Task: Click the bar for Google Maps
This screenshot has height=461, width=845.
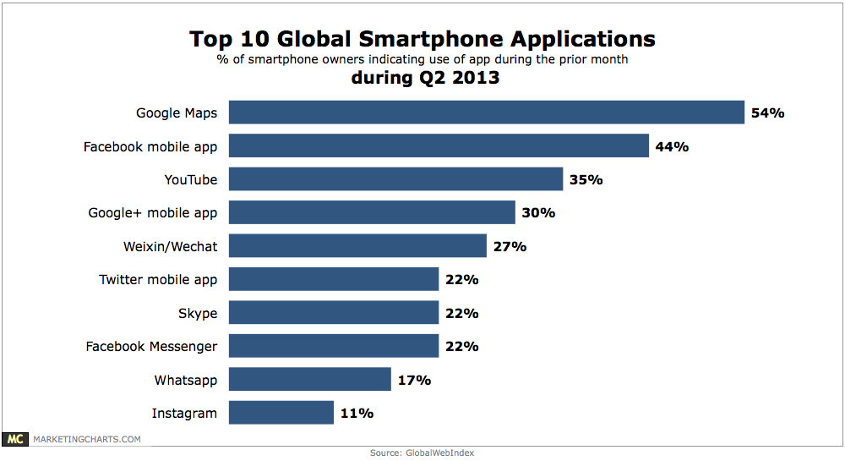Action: click(486, 113)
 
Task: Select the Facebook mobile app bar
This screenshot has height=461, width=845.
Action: click(439, 146)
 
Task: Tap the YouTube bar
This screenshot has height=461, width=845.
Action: click(395, 179)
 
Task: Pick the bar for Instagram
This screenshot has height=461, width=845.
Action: click(281, 413)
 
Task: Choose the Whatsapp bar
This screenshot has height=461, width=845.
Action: click(309, 380)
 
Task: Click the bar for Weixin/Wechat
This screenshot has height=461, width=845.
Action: click(357, 246)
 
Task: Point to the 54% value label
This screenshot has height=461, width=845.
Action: click(768, 113)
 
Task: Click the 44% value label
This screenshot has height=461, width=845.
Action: click(672, 146)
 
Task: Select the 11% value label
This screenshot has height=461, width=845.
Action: click(357, 413)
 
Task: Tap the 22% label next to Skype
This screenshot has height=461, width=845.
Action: click(461, 313)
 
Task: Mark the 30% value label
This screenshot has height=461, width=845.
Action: click(538, 213)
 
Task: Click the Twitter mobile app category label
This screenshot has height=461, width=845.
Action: click(158, 280)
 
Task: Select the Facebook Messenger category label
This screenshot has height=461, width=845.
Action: click(151, 347)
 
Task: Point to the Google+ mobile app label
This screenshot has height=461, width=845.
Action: click(153, 213)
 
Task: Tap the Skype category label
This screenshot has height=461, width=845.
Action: click(198, 313)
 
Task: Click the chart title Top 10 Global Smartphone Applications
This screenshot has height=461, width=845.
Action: click(422, 39)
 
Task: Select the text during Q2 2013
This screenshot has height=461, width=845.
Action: click(422, 79)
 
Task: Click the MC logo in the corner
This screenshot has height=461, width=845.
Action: click(15, 439)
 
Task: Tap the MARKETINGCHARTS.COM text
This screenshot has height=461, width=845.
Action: click(86, 439)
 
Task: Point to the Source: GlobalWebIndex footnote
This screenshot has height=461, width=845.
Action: click(422, 453)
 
